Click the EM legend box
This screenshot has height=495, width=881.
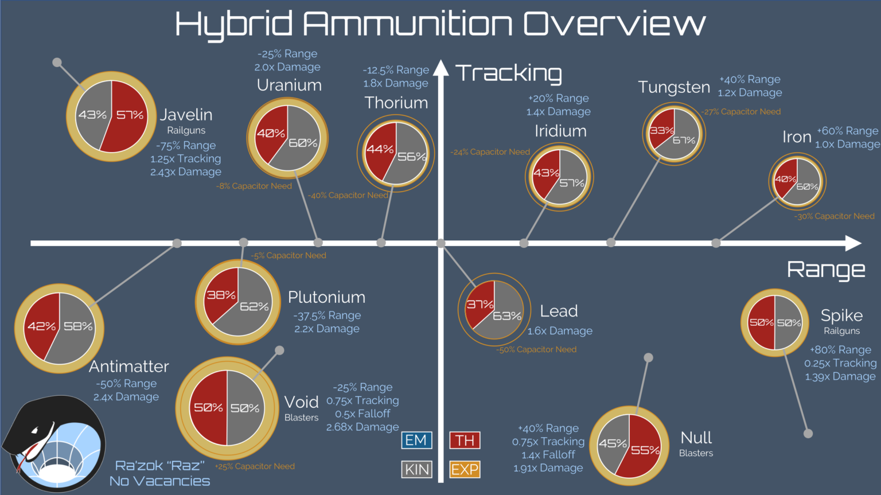(416, 440)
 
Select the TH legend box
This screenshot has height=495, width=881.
(465, 440)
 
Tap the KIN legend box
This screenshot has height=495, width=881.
(416, 470)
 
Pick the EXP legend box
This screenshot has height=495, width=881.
(465, 470)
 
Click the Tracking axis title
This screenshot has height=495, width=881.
(509, 73)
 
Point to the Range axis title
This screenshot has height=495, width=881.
(826, 269)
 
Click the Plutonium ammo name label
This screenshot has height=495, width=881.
(326, 297)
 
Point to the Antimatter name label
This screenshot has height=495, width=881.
(129, 366)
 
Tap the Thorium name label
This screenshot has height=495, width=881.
(396, 103)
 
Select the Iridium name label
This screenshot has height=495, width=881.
(560, 131)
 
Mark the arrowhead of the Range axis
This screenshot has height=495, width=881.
(853, 243)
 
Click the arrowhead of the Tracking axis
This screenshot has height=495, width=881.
(440, 68)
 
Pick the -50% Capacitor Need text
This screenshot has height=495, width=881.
(537, 349)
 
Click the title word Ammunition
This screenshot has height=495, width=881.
(407, 24)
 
